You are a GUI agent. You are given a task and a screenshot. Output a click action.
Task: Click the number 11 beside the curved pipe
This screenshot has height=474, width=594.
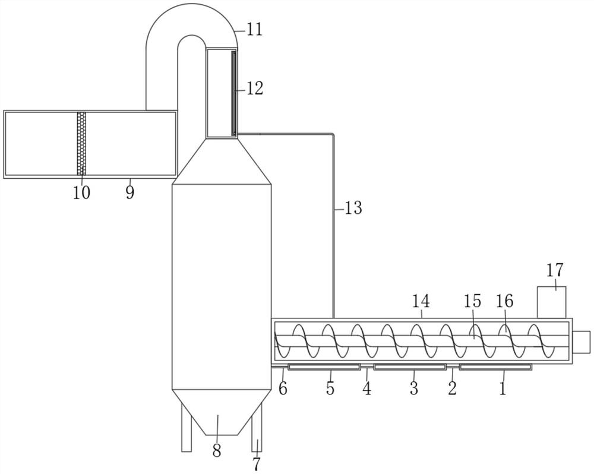pyautogui.click(x=255, y=29)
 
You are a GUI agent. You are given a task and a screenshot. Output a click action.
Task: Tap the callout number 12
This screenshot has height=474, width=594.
pyautogui.click(x=255, y=89)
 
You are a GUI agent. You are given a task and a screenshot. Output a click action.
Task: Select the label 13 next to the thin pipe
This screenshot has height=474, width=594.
pyautogui.click(x=353, y=208)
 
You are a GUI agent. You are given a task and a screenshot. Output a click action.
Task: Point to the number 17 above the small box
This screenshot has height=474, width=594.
pyautogui.click(x=555, y=270)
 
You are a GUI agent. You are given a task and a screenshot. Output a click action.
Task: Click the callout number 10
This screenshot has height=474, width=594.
pyautogui.click(x=82, y=193)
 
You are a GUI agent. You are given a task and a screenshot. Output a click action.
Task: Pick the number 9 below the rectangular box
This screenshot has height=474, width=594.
pyautogui.click(x=130, y=193)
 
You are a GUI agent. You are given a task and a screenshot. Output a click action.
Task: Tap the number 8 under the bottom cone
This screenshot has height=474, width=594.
pyautogui.click(x=217, y=451)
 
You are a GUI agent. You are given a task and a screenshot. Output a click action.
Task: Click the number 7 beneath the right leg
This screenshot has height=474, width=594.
pyautogui.click(x=257, y=464)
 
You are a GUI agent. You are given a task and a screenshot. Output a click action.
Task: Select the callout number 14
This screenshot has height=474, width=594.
pyautogui.click(x=421, y=301)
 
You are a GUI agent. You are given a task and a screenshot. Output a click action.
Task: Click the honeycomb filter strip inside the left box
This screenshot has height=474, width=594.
pyautogui.click(x=81, y=144)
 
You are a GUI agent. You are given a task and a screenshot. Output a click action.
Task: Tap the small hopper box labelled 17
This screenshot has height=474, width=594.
pyautogui.click(x=552, y=302)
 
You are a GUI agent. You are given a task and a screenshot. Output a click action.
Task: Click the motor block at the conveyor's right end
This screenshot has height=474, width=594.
pyautogui.click(x=582, y=342)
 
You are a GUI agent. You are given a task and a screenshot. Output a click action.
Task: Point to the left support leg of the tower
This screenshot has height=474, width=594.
pyautogui.click(x=187, y=428)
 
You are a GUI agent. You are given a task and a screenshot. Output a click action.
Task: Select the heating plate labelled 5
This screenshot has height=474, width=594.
pyautogui.click(x=324, y=366)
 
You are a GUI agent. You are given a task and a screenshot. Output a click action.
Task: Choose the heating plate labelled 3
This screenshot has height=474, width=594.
pyautogui.click(x=410, y=366)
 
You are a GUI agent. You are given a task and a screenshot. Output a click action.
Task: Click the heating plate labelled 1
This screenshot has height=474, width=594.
pyautogui.click(x=495, y=366)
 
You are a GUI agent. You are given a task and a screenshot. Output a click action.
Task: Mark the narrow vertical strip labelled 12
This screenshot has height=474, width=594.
pyautogui.click(x=234, y=94)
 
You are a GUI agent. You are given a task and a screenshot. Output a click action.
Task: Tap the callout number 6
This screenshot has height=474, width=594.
pyautogui.click(x=283, y=388)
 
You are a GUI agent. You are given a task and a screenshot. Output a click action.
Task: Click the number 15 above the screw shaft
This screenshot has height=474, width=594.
pyautogui.click(x=472, y=301)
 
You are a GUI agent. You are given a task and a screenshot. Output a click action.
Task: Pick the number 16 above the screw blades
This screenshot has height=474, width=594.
pyautogui.click(x=505, y=301)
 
